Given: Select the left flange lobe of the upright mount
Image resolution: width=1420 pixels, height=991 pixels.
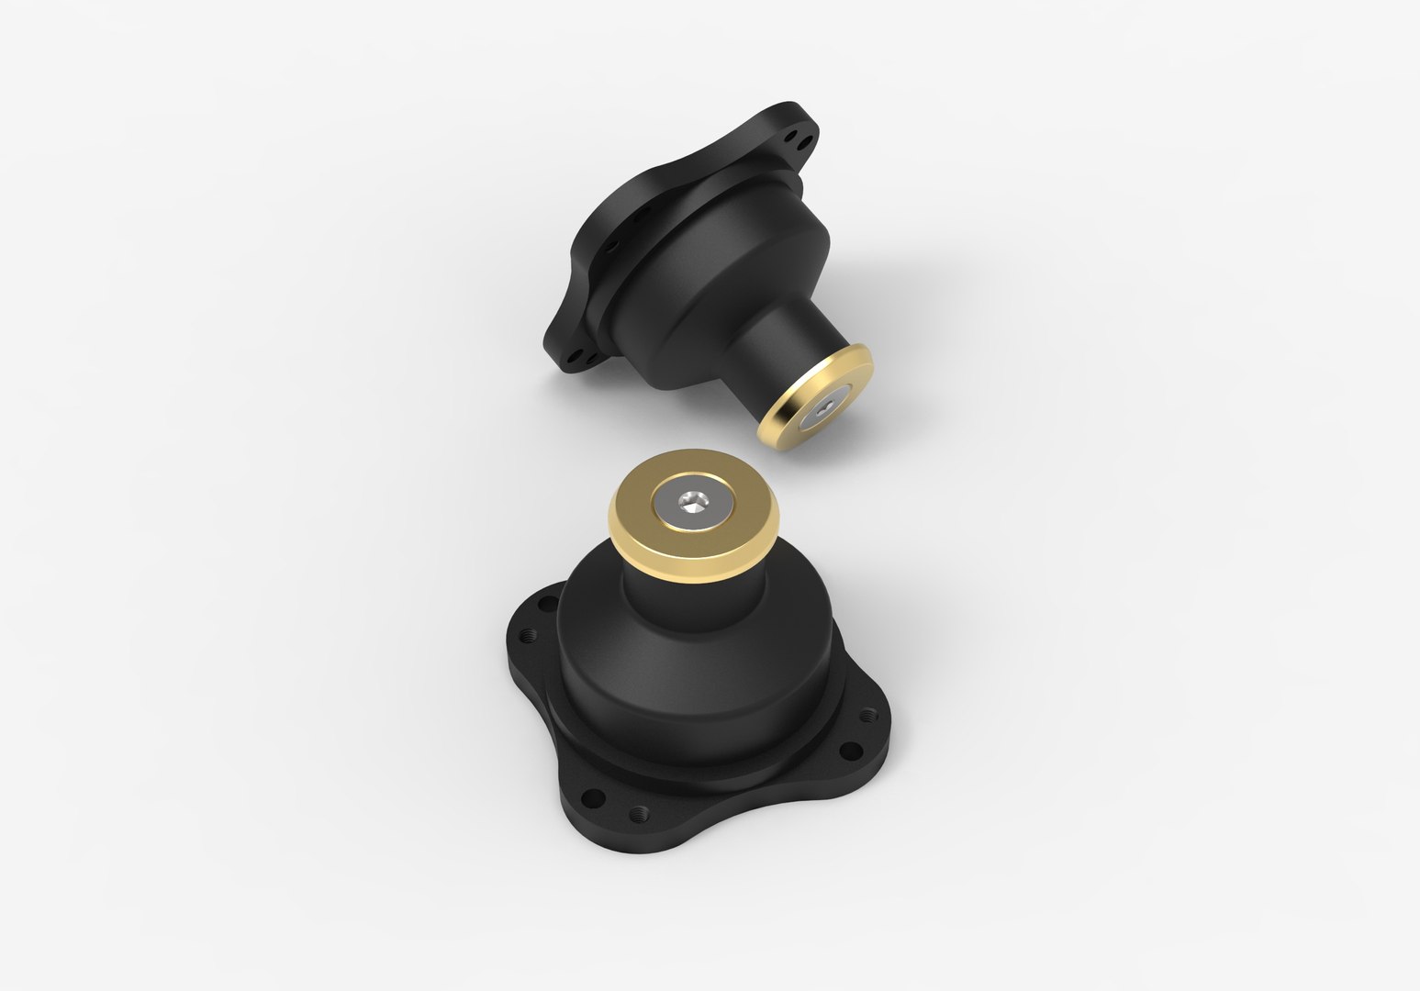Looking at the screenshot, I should [x=532, y=642].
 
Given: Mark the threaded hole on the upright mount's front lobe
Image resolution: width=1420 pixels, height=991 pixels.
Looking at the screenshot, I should [x=641, y=812].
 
